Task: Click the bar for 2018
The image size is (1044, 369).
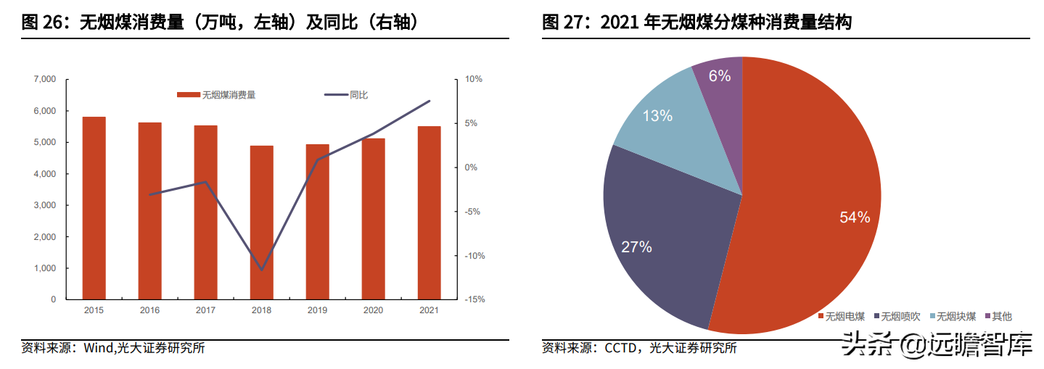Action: [262, 223]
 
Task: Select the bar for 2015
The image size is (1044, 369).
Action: [94, 208]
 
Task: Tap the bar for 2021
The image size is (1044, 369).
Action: [429, 212]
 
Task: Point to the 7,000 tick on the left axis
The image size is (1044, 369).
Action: [45, 79]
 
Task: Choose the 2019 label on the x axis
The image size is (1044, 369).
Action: [318, 310]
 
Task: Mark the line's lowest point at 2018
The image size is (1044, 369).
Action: [262, 270]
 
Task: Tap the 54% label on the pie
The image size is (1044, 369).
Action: [855, 217]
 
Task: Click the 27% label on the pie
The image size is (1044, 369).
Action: [636, 247]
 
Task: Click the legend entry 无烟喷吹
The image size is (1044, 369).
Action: [900, 316]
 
